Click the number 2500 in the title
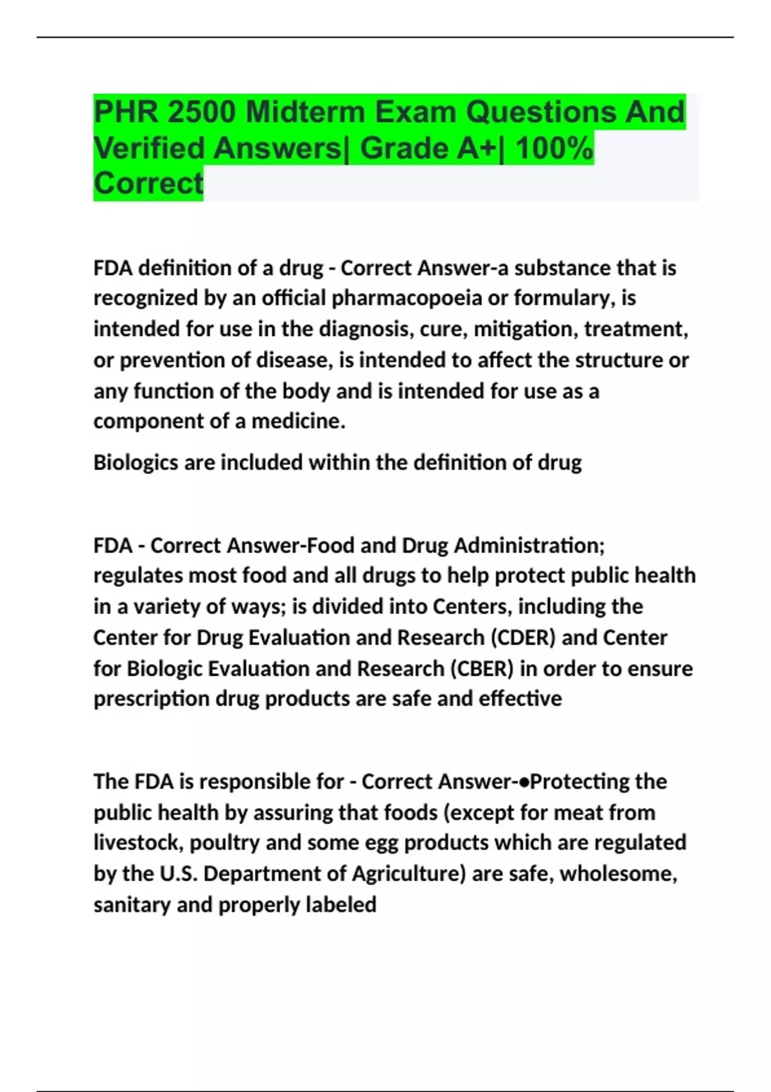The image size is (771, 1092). tap(202, 112)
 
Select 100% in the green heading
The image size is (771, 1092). tap(554, 148)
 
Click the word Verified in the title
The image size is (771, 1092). tap(149, 148)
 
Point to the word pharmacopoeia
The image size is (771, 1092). tap(407, 298)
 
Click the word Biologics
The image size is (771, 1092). tap(136, 462)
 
